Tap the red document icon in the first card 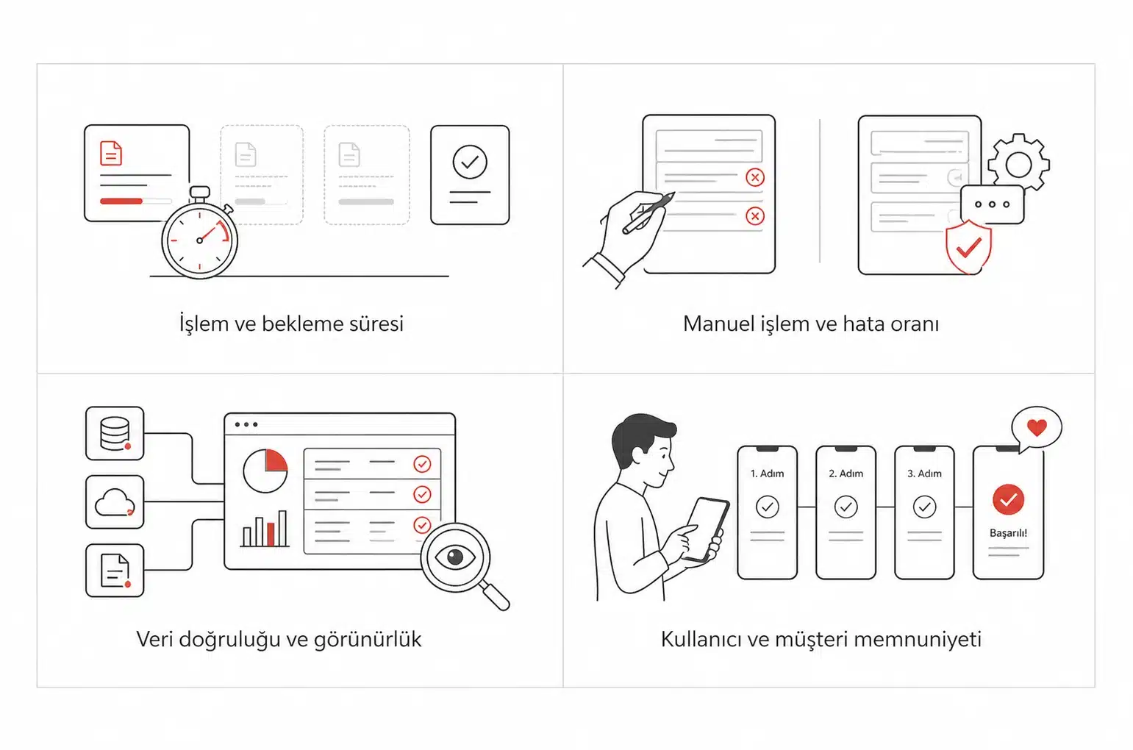111,153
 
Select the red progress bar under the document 121,201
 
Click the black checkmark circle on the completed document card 470,162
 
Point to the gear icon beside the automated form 1019,162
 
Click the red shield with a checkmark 968,247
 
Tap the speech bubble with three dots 992,204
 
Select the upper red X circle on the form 754,177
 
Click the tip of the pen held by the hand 674,193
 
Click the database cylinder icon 114,432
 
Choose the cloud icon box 115,501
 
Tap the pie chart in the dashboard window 265,471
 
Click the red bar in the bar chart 271,535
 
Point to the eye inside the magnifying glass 455,557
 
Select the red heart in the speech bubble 1037,428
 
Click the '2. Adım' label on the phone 846,474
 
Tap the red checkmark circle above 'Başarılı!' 1008,500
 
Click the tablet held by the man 707,529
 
